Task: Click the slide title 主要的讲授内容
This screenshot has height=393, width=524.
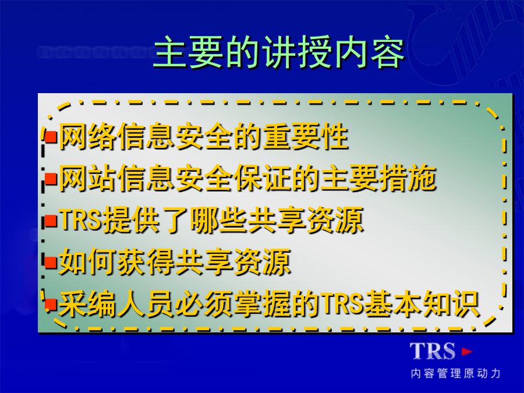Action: (279, 52)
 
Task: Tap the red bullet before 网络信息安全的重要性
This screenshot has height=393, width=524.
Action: (51, 137)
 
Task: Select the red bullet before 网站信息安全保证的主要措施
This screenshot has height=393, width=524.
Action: (51, 179)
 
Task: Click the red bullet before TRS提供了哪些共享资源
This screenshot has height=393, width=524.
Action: (51, 220)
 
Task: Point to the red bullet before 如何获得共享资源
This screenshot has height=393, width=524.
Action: (51, 262)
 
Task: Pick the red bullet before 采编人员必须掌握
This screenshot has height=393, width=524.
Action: (51, 304)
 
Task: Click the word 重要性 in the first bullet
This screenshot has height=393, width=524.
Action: (306, 137)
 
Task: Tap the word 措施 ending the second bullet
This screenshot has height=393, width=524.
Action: (408, 178)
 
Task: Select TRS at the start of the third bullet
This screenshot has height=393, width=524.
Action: (80, 220)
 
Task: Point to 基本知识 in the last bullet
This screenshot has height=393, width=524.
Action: (422, 303)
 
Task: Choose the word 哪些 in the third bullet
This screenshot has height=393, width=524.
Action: (219, 220)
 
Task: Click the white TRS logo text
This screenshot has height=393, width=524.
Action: (433, 351)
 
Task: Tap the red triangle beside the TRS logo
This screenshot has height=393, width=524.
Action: (466, 351)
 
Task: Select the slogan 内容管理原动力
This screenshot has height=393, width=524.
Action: (456, 373)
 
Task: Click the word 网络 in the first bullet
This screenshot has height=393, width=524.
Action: (87, 137)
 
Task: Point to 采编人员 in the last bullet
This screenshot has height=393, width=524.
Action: (116, 303)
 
